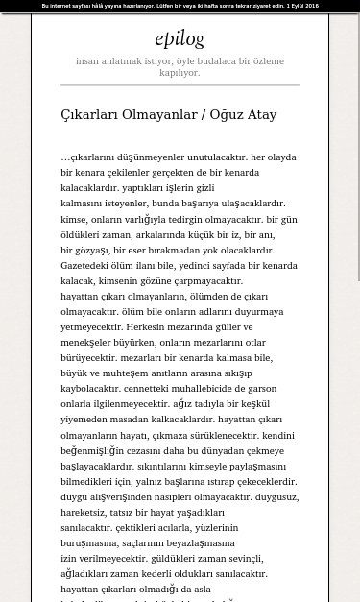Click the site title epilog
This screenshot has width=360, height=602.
click(180, 38)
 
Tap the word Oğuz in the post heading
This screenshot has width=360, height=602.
click(227, 115)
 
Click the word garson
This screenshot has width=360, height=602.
click(261, 389)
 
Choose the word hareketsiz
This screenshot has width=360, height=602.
click(84, 512)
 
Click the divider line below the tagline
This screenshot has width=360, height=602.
click(180, 85)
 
